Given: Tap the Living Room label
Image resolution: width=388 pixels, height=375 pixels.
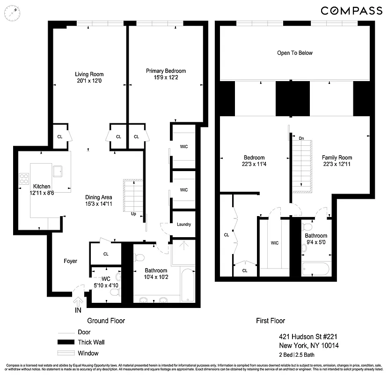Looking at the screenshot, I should (89, 74).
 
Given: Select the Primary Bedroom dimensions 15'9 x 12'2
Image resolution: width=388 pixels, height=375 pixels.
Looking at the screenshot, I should (162, 77).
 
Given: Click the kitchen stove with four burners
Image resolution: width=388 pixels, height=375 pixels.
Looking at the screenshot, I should (23, 178).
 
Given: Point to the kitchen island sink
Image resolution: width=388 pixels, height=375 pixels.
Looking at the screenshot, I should (59, 170).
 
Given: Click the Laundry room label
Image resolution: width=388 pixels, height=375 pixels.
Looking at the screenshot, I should (183, 225).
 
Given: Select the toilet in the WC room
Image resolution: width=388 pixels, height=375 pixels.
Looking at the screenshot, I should (114, 292).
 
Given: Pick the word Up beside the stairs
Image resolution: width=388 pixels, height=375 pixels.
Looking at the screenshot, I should (133, 214).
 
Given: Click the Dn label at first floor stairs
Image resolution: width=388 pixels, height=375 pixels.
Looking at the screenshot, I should (301, 139).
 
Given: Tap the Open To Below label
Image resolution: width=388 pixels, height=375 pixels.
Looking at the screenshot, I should (294, 53).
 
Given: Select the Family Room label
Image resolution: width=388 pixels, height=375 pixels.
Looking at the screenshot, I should (337, 157).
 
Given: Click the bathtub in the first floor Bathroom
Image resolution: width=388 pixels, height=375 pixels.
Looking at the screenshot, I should (315, 269).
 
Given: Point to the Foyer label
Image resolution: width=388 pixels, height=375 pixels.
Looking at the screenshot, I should (70, 261).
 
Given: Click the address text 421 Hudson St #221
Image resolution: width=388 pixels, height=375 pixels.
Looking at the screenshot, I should (305, 337).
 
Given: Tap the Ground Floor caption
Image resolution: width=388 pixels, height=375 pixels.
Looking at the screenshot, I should (106, 321).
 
